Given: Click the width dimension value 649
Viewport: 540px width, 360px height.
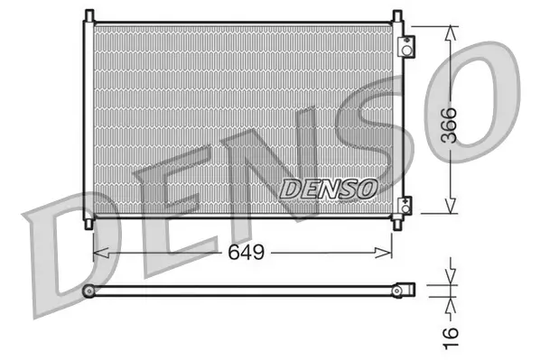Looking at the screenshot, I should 245,253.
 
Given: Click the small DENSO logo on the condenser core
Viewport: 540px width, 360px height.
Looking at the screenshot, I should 328,188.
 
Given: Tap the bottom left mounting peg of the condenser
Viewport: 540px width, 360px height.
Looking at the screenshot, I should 88,222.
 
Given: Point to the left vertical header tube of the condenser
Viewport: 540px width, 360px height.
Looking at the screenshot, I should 88,118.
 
